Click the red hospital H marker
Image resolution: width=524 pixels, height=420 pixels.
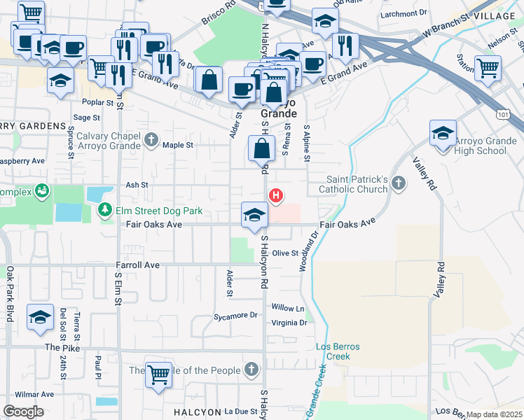(276, 195)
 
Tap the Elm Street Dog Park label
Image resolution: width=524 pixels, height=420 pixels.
(158, 210)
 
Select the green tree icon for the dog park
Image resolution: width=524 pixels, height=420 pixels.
(104, 209)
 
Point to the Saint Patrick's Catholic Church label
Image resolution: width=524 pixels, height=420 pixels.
(353, 184)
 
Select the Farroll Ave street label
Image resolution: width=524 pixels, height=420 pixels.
(138, 266)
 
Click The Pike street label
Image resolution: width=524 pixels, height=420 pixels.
(62, 347)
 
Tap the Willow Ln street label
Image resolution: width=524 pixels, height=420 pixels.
(288, 308)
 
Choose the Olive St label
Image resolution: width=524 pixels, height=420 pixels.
(285, 253)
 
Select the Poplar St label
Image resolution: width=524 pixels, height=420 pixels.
(93, 102)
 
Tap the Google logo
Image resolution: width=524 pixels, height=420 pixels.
(23, 411)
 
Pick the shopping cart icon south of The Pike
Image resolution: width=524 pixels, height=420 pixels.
(158, 374)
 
